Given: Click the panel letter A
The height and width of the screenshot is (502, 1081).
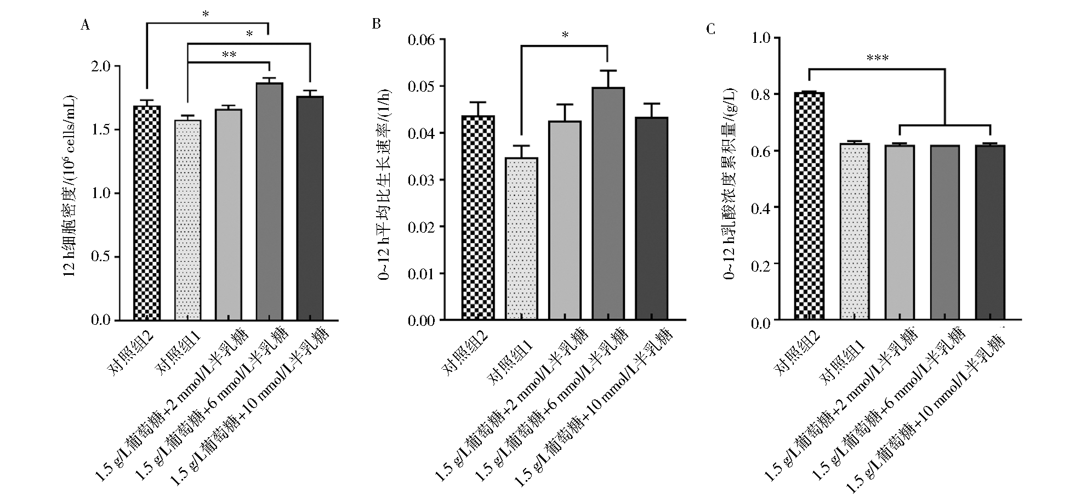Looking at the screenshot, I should (84, 25).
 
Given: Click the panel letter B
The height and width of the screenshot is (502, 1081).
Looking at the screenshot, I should (376, 24).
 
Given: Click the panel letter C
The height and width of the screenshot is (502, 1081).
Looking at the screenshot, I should (711, 29).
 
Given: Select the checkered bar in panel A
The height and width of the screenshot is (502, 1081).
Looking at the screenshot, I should (147, 213).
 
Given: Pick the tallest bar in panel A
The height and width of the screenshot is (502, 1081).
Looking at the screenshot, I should (269, 201).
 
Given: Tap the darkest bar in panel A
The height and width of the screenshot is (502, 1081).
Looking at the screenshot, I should (310, 208).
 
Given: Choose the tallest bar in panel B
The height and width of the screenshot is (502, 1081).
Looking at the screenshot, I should (608, 204).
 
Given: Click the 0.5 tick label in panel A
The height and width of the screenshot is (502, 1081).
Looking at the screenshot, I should (101, 257).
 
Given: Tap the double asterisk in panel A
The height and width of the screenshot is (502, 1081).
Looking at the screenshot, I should (229, 55).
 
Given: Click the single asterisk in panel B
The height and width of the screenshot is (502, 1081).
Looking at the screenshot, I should (565, 36).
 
